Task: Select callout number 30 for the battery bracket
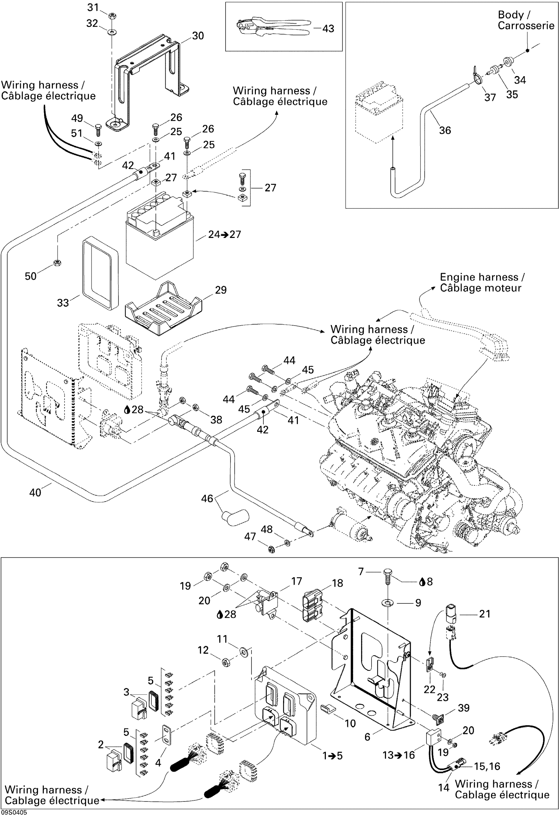coord(198,36)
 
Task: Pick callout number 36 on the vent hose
coord(445,130)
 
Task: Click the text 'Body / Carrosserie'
coord(525,20)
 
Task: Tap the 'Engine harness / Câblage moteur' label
coord(482,282)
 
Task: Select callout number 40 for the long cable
coord(35,492)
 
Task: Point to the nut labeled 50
coord(58,262)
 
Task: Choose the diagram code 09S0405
coord(14,812)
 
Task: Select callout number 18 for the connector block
coord(337,583)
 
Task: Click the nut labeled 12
coord(225,663)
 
